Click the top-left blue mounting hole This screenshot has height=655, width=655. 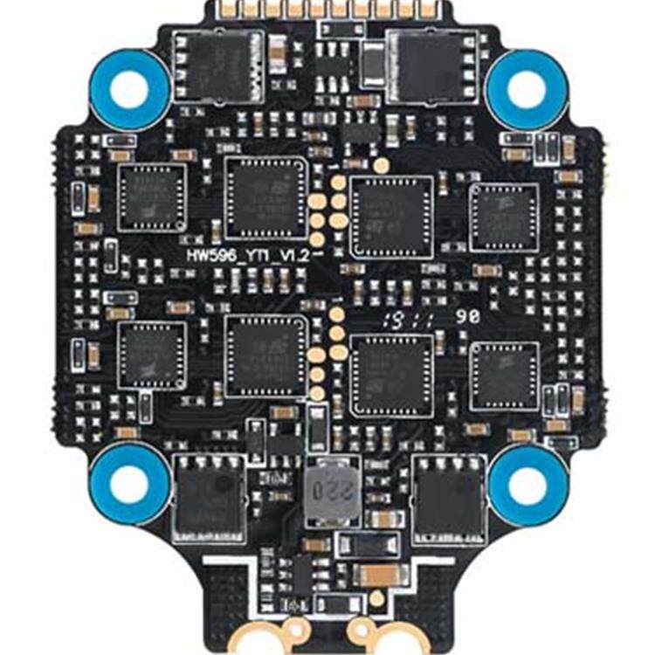pyautogui.click(x=130, y=89)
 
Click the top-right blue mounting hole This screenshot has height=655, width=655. pyautogui.click(x=527, y=89)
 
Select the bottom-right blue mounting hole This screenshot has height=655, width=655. pyautogui.click(x=527, y=483)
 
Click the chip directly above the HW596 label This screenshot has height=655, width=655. pyautogui.click(x=266, y=198)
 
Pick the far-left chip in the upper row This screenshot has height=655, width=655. pyautogui.click(x=152, y=197)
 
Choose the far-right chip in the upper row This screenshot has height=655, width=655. pyautogui.click(x=504, y=217)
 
